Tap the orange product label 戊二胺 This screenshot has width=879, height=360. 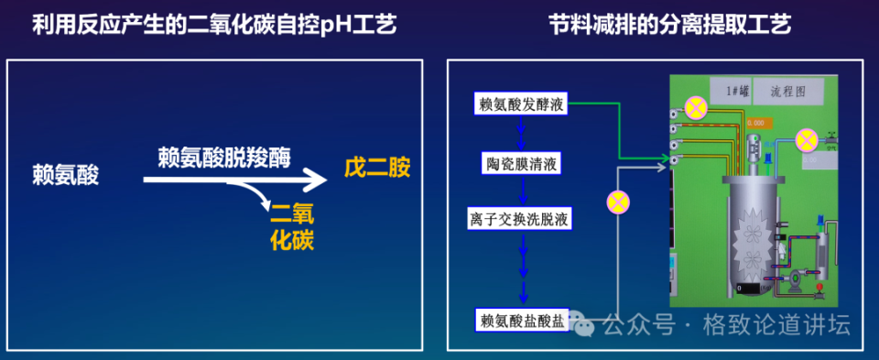tap(377, 169)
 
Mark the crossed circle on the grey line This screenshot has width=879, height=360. tap(619, 200)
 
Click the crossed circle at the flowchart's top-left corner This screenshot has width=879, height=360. tap(695, 108)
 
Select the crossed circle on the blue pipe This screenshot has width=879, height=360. tap(806, 139)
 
